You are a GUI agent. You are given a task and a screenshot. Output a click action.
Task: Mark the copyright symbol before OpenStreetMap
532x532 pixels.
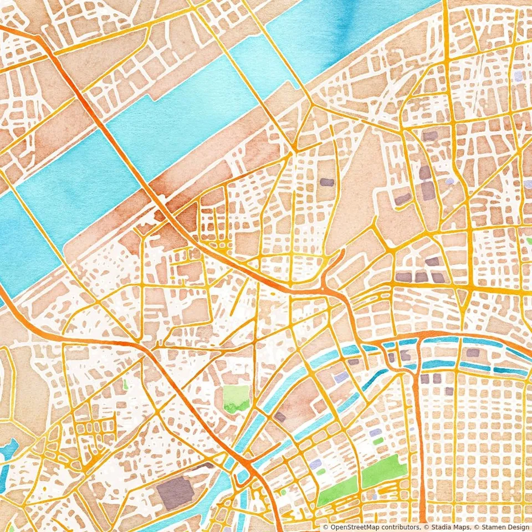(x=325, y=526)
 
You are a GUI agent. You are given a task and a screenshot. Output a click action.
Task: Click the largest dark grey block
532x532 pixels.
(x=175, y=492)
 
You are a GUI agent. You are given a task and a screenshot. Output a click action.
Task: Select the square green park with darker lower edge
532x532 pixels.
(x=236, y=398)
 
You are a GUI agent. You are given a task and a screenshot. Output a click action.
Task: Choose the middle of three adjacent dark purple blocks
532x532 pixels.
(x=421, y=277)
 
